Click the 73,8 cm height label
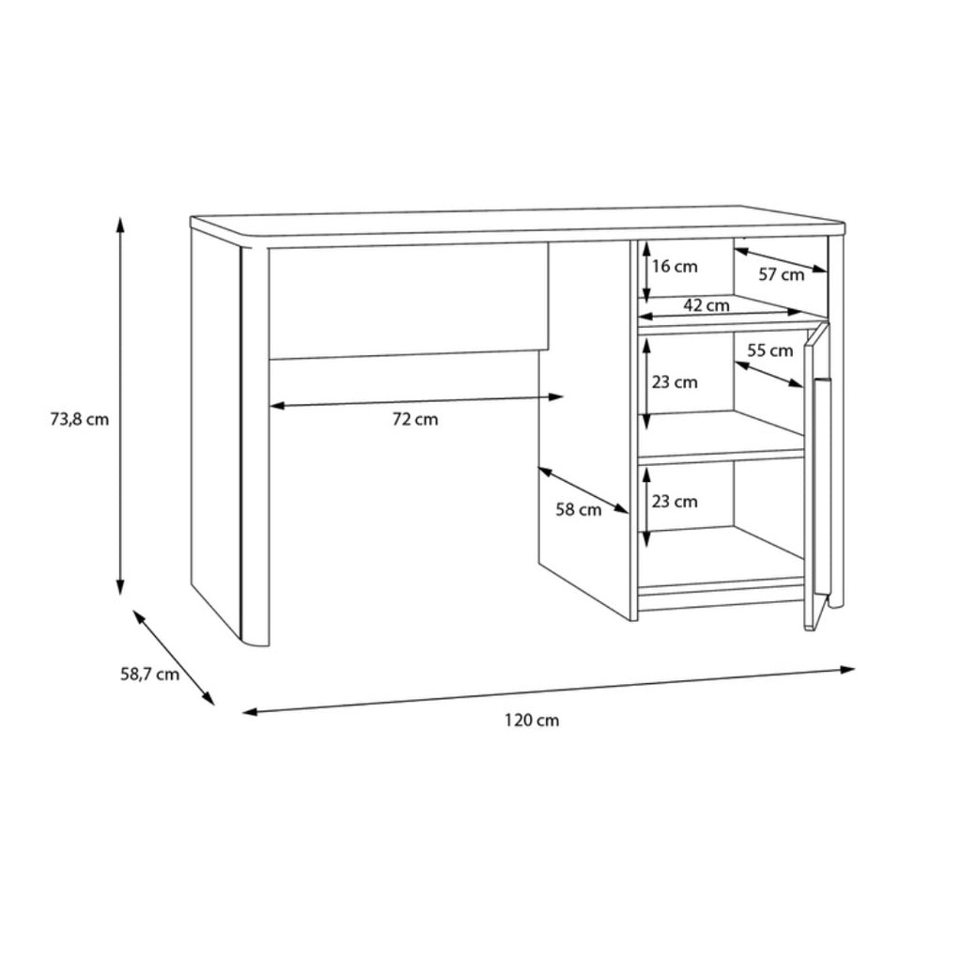(x=79, y=420)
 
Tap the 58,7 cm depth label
(x=149, y=675)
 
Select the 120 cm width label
(x=532, y=720)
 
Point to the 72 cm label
(x=415, y=420)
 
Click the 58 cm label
(x=579, y=510)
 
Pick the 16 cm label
(x=675, y=267)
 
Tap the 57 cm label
(x=781, y=275)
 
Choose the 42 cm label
(x=706, y=305)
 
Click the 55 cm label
(x=770, y=351)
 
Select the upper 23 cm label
(x=675, y=383)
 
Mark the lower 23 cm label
(x=675, y=502)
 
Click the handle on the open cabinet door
(x=821, y=487)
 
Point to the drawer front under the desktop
(x=409, y=301)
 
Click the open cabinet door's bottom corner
(x=809, y=629)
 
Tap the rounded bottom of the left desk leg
(x=256, y=642)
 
